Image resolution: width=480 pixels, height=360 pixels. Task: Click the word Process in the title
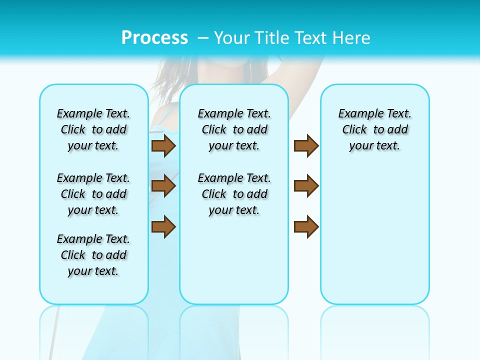[x=154, y=37]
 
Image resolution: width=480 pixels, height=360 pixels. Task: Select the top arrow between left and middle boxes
[x=163, y=146]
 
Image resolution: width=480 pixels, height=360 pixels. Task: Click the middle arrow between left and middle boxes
[x=163, y=186]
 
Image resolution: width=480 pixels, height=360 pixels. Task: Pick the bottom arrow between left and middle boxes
[x=163, y=226]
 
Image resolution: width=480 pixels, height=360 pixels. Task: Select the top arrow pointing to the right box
[x=306, y=146]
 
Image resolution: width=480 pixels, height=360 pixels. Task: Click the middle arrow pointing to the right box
[x=306, y=186]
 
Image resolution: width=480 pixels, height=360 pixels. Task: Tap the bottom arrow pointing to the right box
[x=306, y=226]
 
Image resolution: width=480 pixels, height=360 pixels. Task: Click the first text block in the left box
[x=93, y=129]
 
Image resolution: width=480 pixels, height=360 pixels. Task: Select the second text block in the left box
[x=93, y=194]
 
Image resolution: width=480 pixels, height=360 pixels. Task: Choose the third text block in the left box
[x=93, y=255]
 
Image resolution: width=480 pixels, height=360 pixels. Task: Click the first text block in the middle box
[x=234, y=129]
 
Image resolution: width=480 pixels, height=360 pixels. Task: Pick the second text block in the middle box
[x=234, y=194]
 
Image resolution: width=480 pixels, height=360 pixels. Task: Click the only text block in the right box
[x=375, y=129]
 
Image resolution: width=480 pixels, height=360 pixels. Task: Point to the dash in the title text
[x=203, y=38]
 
